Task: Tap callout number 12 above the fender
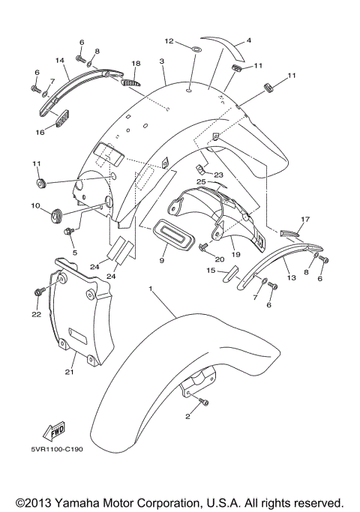tap(169, 41)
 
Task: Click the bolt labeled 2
tap(202, 404)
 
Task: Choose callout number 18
tap(136, 64)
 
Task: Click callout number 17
tap(304, 220)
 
